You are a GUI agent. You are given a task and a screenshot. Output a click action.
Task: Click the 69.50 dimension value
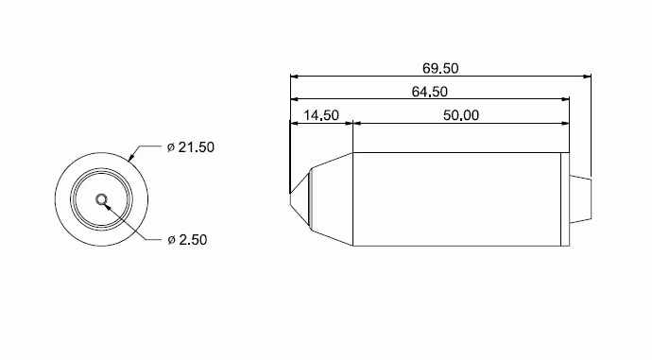(440, 68)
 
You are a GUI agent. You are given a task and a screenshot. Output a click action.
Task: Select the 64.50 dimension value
(430, 92)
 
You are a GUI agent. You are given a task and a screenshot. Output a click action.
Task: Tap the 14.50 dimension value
(321, 115)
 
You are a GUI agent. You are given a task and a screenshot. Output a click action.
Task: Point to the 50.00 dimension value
(461, 115)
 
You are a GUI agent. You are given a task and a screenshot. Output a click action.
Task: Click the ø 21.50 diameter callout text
(191, 147)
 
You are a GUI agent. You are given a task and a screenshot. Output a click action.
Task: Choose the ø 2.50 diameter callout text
(187, 240)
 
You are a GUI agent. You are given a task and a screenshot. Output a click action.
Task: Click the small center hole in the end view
(101, 199)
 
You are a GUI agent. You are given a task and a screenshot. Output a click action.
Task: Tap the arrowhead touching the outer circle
(131, 157)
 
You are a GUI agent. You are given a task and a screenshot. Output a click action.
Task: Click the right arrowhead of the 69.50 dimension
(587, 77)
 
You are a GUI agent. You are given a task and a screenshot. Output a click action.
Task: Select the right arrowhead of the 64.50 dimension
(565, 99)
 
